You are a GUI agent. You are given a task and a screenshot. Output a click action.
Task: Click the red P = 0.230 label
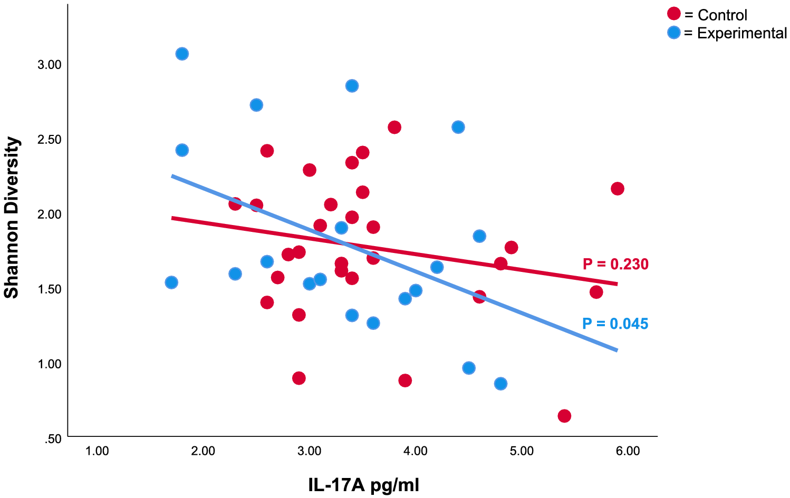[x=615, y=264]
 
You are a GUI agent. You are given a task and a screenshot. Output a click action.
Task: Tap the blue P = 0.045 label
[x=615, y=324]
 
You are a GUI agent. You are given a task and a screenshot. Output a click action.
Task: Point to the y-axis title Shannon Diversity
[x=12, y=218]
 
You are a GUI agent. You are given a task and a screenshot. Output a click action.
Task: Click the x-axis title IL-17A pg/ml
[x=363, y=485]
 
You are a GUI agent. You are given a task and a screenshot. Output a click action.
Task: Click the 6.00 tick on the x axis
[x=628, y=451]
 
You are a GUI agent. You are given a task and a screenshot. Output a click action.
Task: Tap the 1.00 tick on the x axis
[x=97, y=451]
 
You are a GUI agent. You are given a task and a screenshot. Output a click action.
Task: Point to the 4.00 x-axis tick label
[x=416, y=451]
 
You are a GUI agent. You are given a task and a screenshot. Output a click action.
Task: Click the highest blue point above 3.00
[x=182, y=54]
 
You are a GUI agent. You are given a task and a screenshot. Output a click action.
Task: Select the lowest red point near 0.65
[x=564, y=416]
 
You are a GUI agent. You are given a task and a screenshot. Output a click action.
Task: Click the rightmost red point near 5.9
[x=618, y=189]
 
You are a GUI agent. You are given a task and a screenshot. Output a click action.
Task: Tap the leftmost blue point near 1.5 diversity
[x=171, y=282]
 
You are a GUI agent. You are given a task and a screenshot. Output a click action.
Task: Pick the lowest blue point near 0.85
[x=500, y=384]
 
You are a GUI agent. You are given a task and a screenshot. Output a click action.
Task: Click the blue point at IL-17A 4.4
[x=458, y=127]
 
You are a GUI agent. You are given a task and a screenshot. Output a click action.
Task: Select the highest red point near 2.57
[x=394, y=127]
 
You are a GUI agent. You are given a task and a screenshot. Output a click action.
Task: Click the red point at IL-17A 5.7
[x=596, y=292]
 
